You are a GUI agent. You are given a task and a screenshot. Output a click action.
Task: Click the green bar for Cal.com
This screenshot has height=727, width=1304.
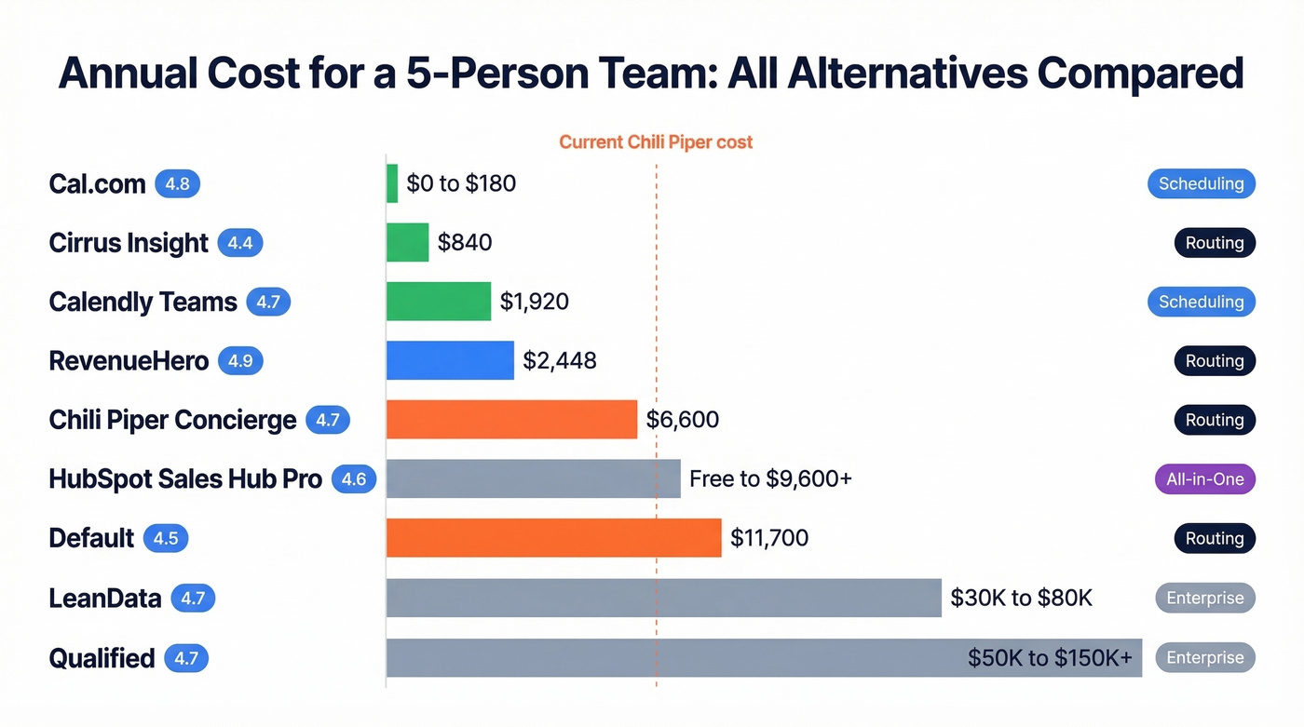coord(392,183)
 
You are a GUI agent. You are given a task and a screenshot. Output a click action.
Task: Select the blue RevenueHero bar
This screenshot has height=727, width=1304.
coord(450,360)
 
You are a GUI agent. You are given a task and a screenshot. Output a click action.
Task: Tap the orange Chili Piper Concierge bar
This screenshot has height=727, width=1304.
coord(511,420)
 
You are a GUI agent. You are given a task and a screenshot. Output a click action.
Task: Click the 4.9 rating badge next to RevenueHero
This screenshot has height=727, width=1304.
coord(240,360)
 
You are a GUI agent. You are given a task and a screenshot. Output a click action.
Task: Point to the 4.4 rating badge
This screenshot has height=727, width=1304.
coord(240,243)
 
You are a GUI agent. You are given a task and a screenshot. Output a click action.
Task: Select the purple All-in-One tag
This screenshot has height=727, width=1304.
coord(1204,479)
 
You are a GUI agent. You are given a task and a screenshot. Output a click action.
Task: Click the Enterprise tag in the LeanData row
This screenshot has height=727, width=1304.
coord(1204,598)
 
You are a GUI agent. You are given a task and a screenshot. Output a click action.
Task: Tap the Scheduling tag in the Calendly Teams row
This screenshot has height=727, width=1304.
coord(1201,302)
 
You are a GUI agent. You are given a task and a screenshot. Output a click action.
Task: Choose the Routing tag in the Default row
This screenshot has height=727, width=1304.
coord(1214,538)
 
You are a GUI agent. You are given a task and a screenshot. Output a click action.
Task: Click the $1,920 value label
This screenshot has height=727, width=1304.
coord(534,302)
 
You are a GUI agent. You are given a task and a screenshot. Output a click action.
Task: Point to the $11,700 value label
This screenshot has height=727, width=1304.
coord(769,538)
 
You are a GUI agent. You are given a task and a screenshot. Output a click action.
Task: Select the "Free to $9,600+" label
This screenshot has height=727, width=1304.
coord(770,479)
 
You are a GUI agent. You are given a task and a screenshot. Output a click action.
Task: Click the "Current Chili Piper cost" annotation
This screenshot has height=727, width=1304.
coord(656,142)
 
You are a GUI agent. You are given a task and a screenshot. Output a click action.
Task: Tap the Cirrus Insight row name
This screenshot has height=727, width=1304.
coord(129,243)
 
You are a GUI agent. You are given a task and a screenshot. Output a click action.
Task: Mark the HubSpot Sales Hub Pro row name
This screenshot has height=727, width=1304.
coord(185,479)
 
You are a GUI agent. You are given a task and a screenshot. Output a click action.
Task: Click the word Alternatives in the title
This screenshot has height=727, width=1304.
coord(908,74)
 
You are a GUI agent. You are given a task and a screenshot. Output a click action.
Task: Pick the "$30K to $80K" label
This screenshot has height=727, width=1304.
coord(1021,598)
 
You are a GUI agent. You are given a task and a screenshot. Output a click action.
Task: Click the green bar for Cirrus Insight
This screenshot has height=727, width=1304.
coord(407,242)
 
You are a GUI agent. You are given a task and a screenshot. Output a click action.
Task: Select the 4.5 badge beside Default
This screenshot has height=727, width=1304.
coord(166,538)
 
